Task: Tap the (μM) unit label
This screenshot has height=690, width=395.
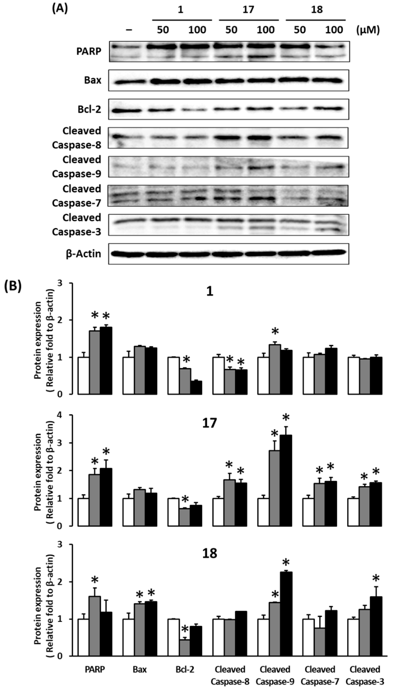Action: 368,30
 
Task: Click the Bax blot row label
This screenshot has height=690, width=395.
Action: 93,80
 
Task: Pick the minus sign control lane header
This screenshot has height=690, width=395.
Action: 129,30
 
